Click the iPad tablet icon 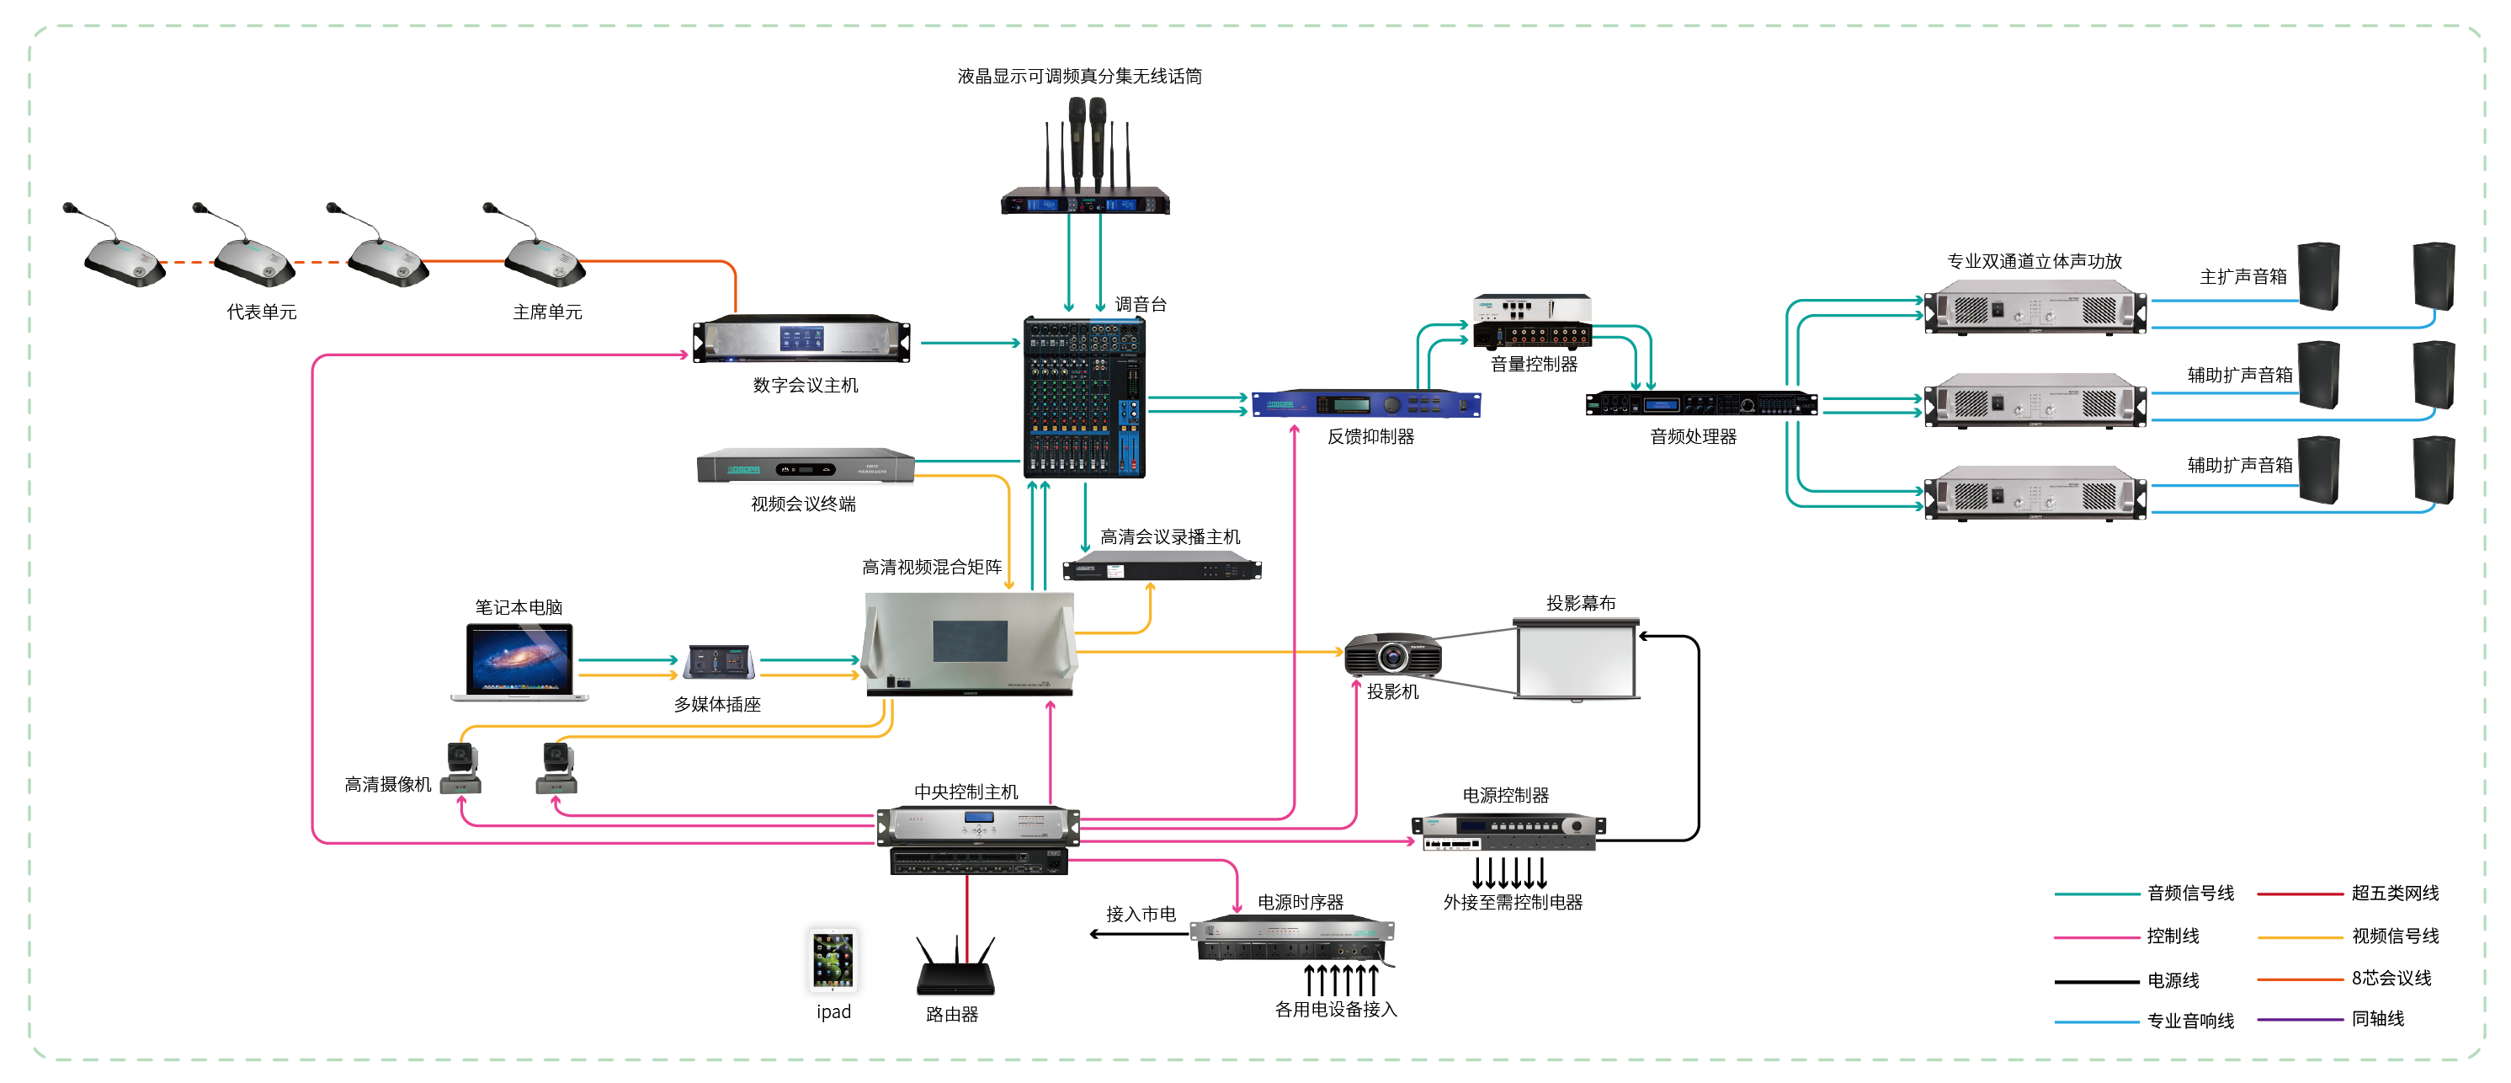point(833,959)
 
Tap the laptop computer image point(519,662)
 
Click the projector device point(1392,655)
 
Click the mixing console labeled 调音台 point(1084,397)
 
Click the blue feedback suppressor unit point(1365,403)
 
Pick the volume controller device point(1531,322)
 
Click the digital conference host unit point(801,339)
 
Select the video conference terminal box point(806,468)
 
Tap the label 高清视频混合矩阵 point(931,567)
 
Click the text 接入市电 point(1140,914)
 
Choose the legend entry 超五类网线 point(2394,893)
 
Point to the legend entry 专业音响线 point(2189,1021)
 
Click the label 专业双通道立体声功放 point(2034,261)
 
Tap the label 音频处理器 point(1692,437)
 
